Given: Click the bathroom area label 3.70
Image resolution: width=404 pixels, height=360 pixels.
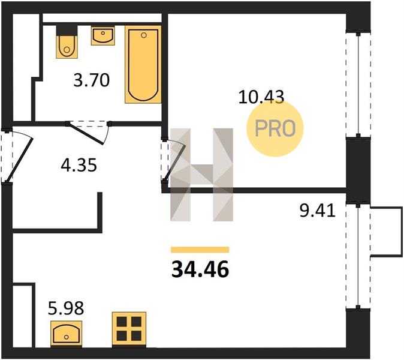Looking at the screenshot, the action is (92, 80).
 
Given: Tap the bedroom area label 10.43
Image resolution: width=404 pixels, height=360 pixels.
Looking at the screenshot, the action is (261, 97).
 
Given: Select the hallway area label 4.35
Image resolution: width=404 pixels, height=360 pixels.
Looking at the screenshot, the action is (79, 165).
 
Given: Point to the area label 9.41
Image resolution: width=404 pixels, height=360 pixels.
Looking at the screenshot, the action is (318, 211).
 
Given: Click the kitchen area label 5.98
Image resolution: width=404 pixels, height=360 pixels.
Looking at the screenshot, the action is (66, 308).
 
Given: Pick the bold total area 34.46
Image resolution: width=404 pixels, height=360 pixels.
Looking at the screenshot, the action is (200, 269).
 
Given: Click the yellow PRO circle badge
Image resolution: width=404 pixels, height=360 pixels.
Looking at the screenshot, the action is (275, 128).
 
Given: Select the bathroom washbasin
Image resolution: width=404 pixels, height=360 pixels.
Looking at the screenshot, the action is (103, 35).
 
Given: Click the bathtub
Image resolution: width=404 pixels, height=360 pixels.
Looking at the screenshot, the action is (143, 64).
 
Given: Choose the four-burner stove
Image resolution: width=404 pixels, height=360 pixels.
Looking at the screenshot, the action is (129, 329).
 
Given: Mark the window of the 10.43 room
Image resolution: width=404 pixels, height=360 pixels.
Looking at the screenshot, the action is (358, 85).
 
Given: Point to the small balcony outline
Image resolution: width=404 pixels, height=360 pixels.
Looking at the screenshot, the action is (387, 232).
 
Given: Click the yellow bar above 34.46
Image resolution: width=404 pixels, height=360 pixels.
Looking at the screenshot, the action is (200, 250).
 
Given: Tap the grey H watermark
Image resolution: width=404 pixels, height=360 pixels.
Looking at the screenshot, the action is (202, 175).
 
